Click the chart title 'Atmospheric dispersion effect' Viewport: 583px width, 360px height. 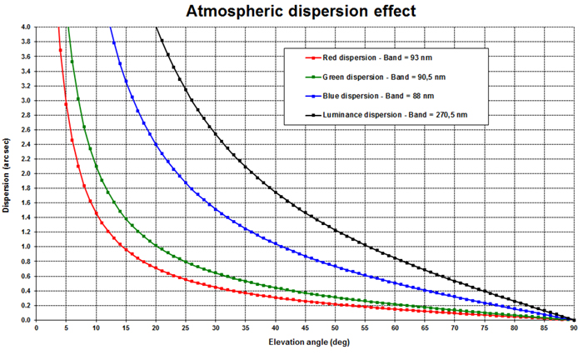point(291,11)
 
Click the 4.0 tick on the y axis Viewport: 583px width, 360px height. point(25,27)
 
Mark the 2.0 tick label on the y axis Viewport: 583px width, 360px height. point(25,173)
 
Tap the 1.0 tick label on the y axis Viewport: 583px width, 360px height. point(25,247)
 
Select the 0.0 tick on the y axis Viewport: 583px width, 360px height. point(25,320)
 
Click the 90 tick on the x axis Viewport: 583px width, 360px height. point(573,328)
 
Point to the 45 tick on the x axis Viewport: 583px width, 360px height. point(304,328)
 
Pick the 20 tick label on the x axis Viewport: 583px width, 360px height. point(155,328)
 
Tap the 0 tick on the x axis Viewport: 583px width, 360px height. point(36,328)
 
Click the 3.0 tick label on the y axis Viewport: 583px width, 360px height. point(25,101)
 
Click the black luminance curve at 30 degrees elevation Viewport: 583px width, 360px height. point(215,127)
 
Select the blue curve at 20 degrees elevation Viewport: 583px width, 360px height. point(155,142)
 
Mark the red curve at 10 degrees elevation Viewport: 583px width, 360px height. point(96,211)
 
